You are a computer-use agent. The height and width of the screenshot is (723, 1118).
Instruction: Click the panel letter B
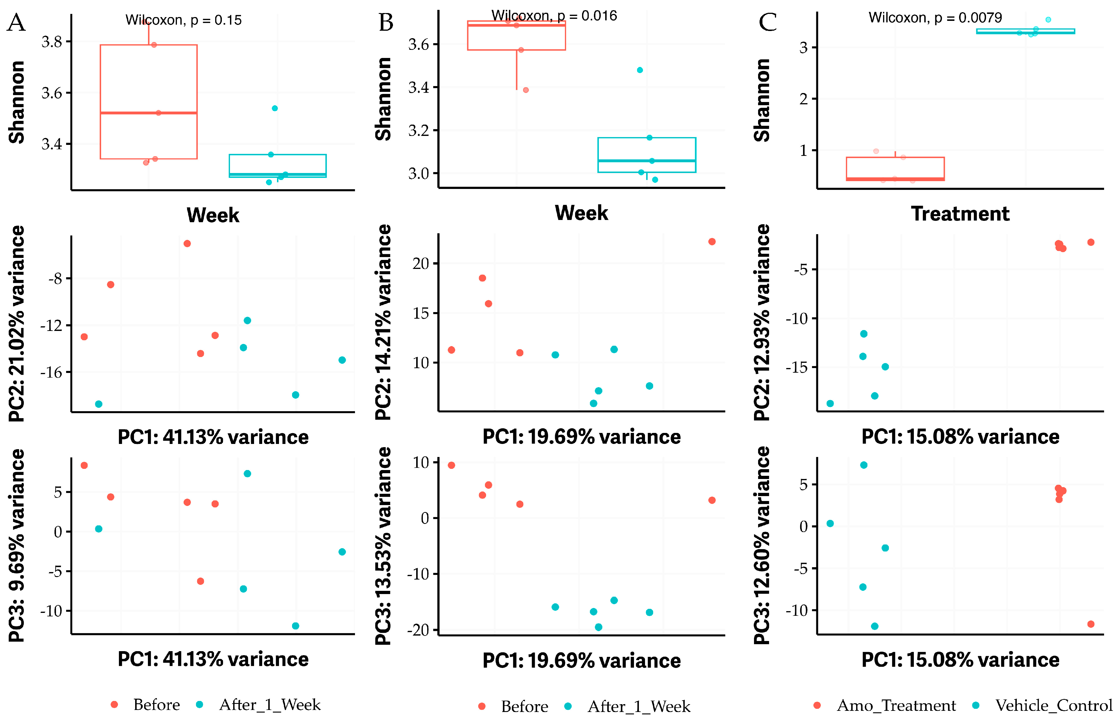[x=386, y=23]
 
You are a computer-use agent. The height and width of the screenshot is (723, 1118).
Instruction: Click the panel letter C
[x=768, y=23]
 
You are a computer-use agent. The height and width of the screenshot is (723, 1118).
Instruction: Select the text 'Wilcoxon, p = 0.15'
[x=183, y=20]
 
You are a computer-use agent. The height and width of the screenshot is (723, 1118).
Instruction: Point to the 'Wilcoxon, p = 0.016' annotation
[x=554, y=16]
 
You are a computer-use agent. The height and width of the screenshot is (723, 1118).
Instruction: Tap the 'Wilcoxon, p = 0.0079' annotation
[x=935, y=18]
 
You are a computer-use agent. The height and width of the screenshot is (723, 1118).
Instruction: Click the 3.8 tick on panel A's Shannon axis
[x=52, y=42]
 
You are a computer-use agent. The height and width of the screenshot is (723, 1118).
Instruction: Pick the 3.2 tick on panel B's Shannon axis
[x=418, y=130]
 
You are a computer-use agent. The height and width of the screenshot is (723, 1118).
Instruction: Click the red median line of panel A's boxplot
[x=148, y=113]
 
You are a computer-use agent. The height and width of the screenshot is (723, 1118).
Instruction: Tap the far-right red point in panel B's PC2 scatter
[x=712, y=242]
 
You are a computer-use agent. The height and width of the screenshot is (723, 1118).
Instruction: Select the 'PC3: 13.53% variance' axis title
[x=383, y=546]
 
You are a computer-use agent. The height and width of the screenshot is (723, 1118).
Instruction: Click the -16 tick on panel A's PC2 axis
[x=51, y=373]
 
